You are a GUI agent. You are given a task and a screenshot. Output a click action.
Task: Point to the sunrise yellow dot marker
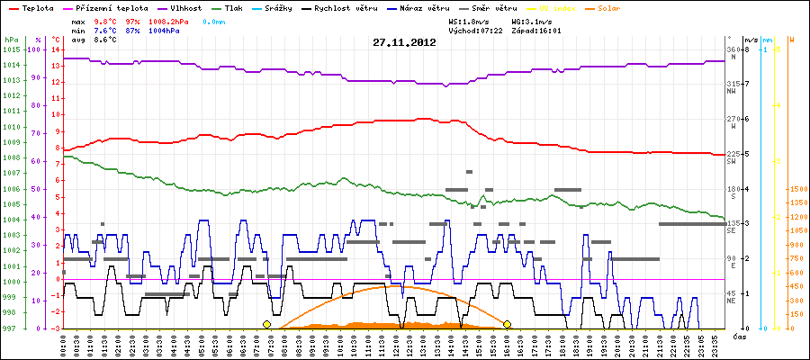tap(266, 324)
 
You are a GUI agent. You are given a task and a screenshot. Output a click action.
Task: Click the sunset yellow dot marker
tap(508, 324)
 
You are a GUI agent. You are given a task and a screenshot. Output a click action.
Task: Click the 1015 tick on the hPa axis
tap(11, 49)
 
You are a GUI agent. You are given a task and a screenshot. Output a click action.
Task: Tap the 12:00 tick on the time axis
tap(397, 344)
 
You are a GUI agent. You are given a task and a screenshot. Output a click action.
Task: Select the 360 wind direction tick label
tap(732, 49)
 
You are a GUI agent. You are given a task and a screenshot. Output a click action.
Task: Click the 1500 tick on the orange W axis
tap(796, 190)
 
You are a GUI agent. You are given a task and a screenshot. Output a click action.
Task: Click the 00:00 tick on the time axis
tap(63, 344)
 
